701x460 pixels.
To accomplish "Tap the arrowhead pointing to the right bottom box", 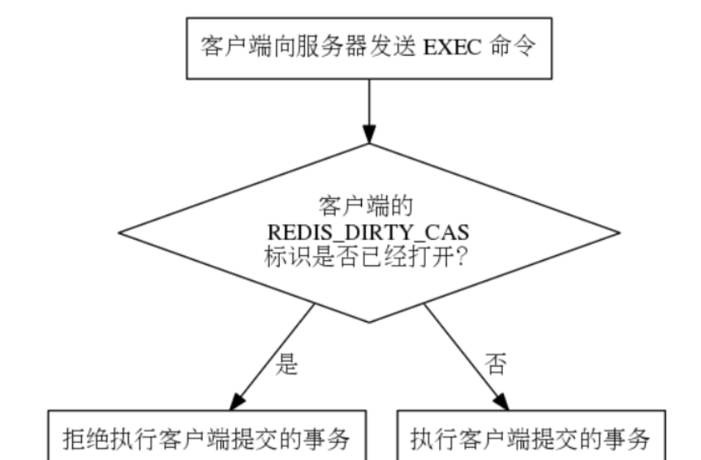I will pyautogui.click(x=501, y=399).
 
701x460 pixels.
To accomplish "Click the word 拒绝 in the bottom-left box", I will pyautogui.click(x=85, y=440).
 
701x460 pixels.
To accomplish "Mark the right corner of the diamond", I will pyautogui.click(x=621, y=233).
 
